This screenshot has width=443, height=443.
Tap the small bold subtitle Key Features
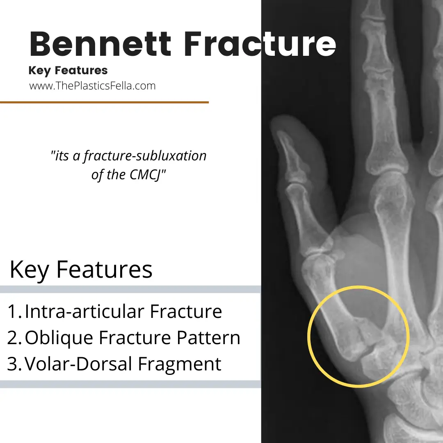68,71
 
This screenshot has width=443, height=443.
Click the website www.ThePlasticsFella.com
92,86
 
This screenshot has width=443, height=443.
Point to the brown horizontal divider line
104,102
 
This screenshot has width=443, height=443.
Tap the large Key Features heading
81,269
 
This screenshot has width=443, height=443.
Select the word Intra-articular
84,312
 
